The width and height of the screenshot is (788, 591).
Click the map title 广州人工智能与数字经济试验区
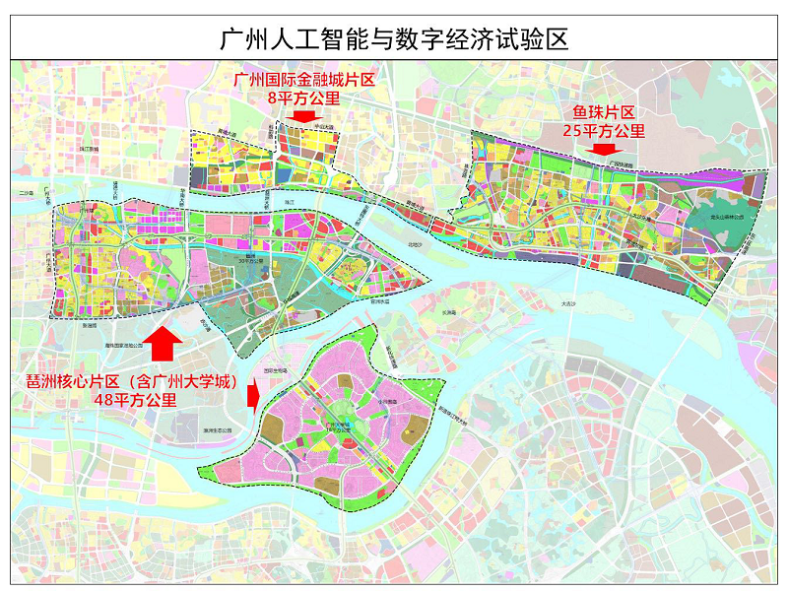[x=393, y=39]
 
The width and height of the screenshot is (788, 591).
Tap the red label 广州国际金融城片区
[x=303, y=80]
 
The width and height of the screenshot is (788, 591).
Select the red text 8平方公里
[x=303, y=98]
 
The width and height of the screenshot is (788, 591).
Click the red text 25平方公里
[x=603, y=131]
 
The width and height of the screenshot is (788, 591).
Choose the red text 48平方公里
[x=135, y=400]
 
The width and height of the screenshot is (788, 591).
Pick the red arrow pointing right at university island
[x=253, y=396]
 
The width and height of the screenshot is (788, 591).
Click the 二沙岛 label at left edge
[x=25, y=193]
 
